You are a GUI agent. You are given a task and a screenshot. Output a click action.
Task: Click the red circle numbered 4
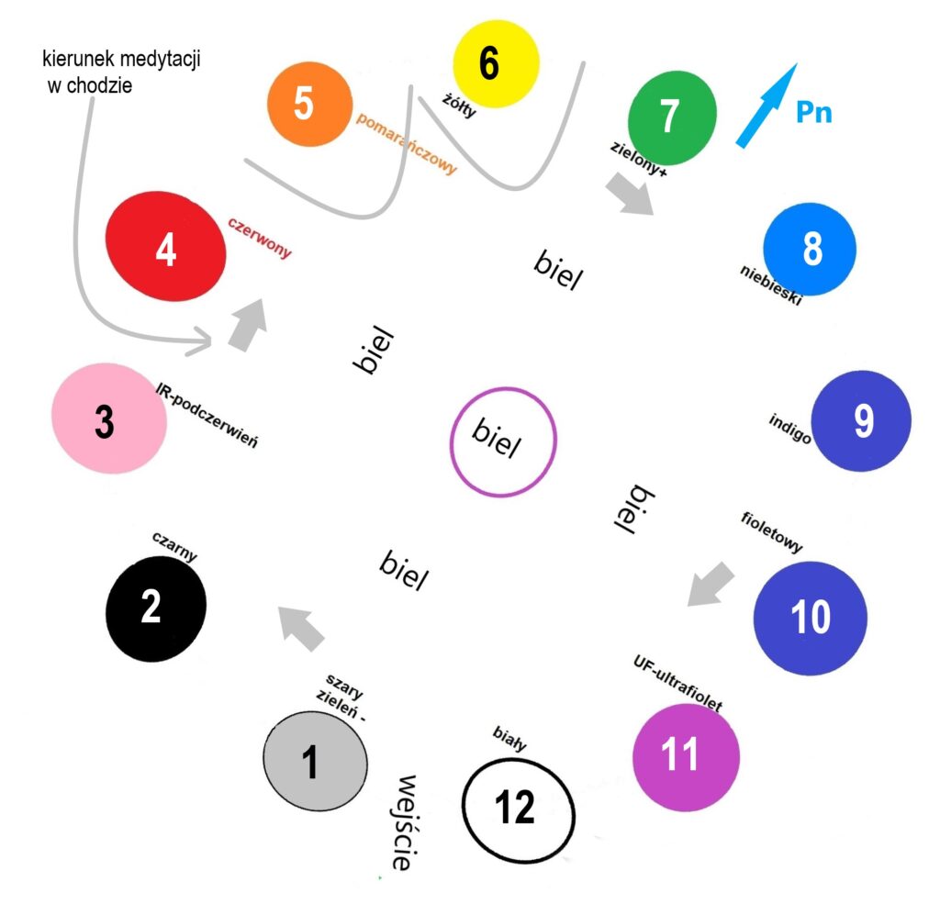point(166,247)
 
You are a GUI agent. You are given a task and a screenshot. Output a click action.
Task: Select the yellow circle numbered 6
point(495,63)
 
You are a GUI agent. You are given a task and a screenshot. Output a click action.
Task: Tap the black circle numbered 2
point(156,608)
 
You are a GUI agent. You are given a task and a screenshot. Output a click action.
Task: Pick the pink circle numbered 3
point(109,419)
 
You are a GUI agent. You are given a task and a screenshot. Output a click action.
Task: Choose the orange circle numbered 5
point(309,103)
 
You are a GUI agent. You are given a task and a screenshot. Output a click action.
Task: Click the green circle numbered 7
point(671,117)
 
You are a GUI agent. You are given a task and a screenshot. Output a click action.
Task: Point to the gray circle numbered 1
point(315,761)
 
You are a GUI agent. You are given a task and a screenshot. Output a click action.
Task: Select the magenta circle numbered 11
point(686,756)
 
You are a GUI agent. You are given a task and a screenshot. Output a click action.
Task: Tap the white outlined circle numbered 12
point(518,807)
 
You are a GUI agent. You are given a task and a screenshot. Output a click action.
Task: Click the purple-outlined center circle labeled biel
point(503,441)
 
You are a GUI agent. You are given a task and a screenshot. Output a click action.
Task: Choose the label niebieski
point(771,285)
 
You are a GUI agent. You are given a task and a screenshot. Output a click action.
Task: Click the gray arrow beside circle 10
point(712,585)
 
